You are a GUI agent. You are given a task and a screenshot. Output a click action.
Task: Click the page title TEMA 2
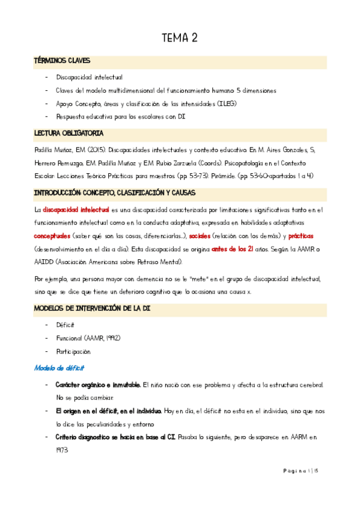pos(180,38)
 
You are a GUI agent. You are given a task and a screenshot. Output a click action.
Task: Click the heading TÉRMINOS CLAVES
pos(63,61)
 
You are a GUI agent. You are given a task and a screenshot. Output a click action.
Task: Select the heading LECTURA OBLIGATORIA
pos(69,132)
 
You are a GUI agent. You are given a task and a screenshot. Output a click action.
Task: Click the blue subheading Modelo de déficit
pos(59,367)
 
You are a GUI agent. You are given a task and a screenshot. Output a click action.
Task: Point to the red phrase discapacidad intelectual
pos(76,209)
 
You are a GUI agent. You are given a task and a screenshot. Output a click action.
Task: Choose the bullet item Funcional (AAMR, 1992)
pos(88,338)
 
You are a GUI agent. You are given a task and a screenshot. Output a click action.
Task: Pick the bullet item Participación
pos(73,351)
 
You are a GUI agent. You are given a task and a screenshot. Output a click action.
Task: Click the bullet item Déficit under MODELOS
pos(66,325)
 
